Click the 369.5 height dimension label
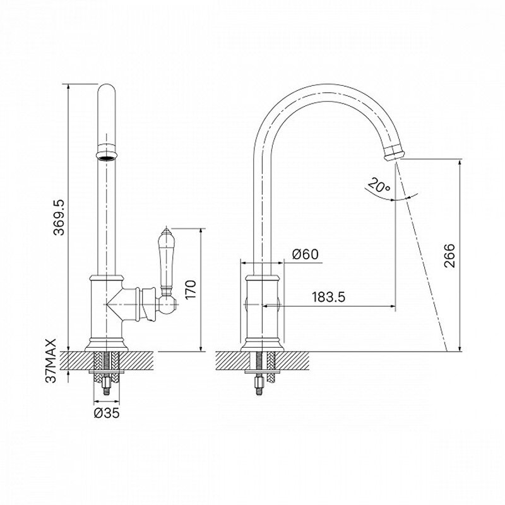pyautogui.click(x=59, y=217)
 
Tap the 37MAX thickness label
pyautogui.click(x=51, y=360)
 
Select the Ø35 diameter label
pyautogui.click(x=107, y=413)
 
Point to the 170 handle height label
pyautogui.click(x=191, y=289)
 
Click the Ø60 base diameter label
pyautogui.click(x=305, y=254)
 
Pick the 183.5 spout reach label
pyautogui.click(x=328, y=297)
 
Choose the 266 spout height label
pyautogui.click(x=449, y=256)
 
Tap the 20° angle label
pyautogui.click(x=379, y=185)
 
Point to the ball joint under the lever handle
pyautogui.click(x=168, y=304)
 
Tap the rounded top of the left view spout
pyautogui.click(x=106, y=90)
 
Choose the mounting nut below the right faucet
pyautogui.click(x=259, y=383)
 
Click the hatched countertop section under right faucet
pyautogui.click(x=262, y=360)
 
